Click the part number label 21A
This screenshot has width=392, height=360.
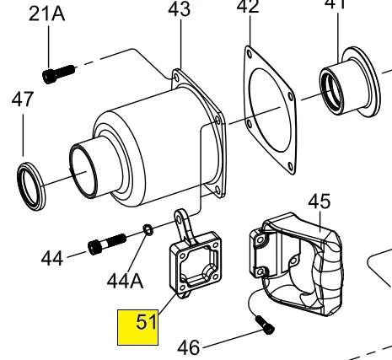47,14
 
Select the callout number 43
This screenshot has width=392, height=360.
180,9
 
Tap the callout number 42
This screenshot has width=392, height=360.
248,6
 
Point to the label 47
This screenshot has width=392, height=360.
23,99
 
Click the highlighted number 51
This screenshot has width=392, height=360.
146,322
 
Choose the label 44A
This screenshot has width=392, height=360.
126,281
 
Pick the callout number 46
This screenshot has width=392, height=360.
189,347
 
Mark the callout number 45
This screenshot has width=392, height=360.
320,201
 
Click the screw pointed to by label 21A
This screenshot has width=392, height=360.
59,74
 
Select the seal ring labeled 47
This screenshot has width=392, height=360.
31,186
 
